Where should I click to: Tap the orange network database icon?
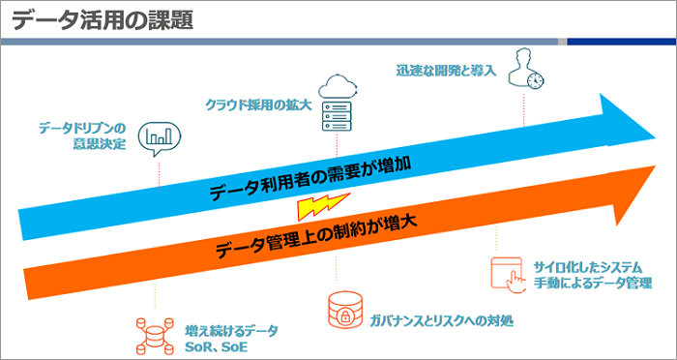(154, 327)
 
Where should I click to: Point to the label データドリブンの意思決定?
(82, 135)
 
